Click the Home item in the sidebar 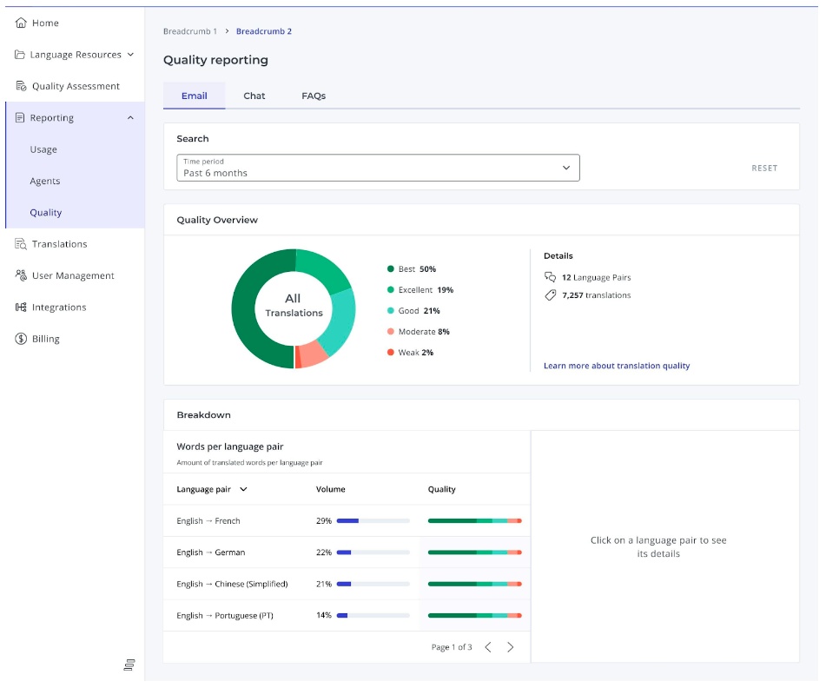pos(36,23)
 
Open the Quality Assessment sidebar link pos(68,86)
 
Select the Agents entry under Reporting pos(45,182)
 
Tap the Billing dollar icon pos(21,339)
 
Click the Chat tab pos(254,96)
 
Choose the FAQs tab pos(314,96)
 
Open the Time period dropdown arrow pos(566,168)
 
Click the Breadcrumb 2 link pos(264,31)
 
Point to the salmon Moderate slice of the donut pos(314,354)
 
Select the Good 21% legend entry pos(413,311)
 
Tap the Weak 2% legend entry pos(410,353)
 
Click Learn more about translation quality pos(617,366)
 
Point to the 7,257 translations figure pos(596,295)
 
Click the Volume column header pos(330,489)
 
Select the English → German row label pos(211,552)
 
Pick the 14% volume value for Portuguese pos(323,615)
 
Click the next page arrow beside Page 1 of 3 pos(510,647)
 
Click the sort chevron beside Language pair pos(243,489)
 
